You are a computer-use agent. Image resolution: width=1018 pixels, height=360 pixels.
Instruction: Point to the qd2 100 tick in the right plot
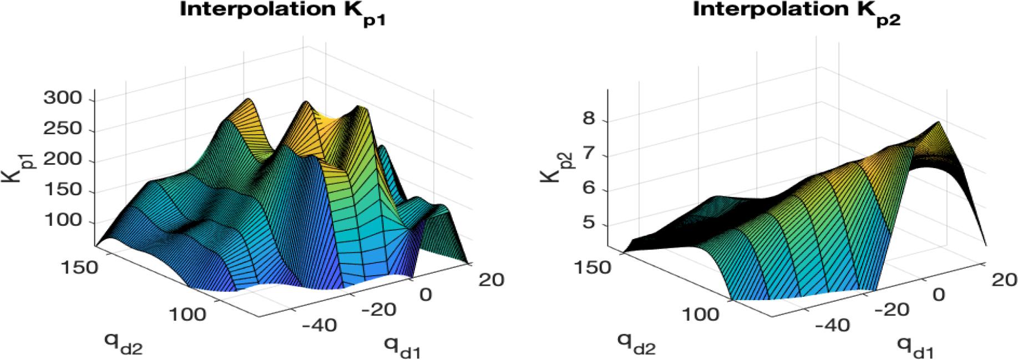pos(701,315)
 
